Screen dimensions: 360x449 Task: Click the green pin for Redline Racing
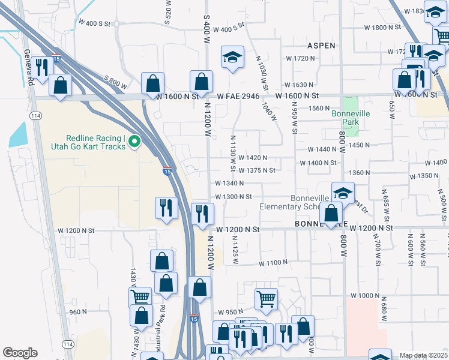coord(134,142)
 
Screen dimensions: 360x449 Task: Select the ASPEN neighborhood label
coord(321,46)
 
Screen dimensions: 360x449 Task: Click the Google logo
coord(20,353)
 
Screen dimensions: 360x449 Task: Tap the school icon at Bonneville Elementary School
coord(343,193)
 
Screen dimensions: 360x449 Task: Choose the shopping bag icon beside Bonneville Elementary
coord(331,212)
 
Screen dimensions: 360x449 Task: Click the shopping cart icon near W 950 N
coord(266,298)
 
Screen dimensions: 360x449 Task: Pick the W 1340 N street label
coord(229,183)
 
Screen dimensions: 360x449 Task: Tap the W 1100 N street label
coord(273,263)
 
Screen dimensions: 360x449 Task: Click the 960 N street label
coord(78,311)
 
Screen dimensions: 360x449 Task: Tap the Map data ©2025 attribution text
coord(423,355)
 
